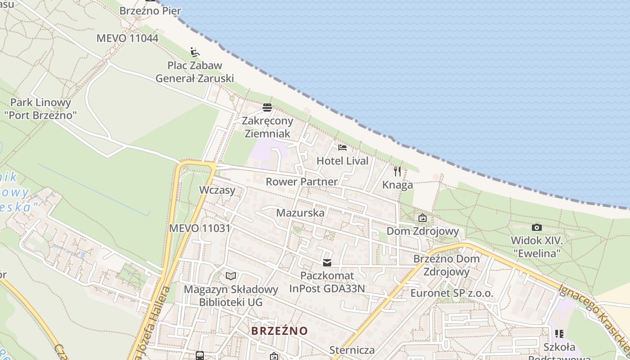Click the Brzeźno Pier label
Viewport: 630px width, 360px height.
[150, 10]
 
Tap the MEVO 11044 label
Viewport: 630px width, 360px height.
[127, 38]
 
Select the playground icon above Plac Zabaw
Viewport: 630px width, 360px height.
[195, 52]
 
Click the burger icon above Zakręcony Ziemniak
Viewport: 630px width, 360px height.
[267, 108]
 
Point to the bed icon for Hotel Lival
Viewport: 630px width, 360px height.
[342, 147]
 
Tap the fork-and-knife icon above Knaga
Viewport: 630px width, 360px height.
[397, 171]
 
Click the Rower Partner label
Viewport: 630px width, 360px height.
[301, 182]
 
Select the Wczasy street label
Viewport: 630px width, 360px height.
[217, 190]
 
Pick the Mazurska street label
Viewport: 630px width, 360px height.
[300, 213]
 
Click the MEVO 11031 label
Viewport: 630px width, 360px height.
[199, 228]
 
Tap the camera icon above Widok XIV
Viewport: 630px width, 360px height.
[536, 228]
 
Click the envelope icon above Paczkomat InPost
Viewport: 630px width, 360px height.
[327, 263]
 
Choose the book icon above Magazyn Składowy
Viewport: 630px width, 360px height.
[231, 276]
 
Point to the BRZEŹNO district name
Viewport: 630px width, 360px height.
[279, 331]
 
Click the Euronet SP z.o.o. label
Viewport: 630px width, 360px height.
[452, 293]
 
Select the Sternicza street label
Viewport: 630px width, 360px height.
[352, 350]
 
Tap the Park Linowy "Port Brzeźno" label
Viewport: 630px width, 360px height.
[40, 109]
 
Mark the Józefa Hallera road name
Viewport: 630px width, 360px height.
[154, 322]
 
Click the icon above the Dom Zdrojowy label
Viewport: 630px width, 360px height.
[423, 218]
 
